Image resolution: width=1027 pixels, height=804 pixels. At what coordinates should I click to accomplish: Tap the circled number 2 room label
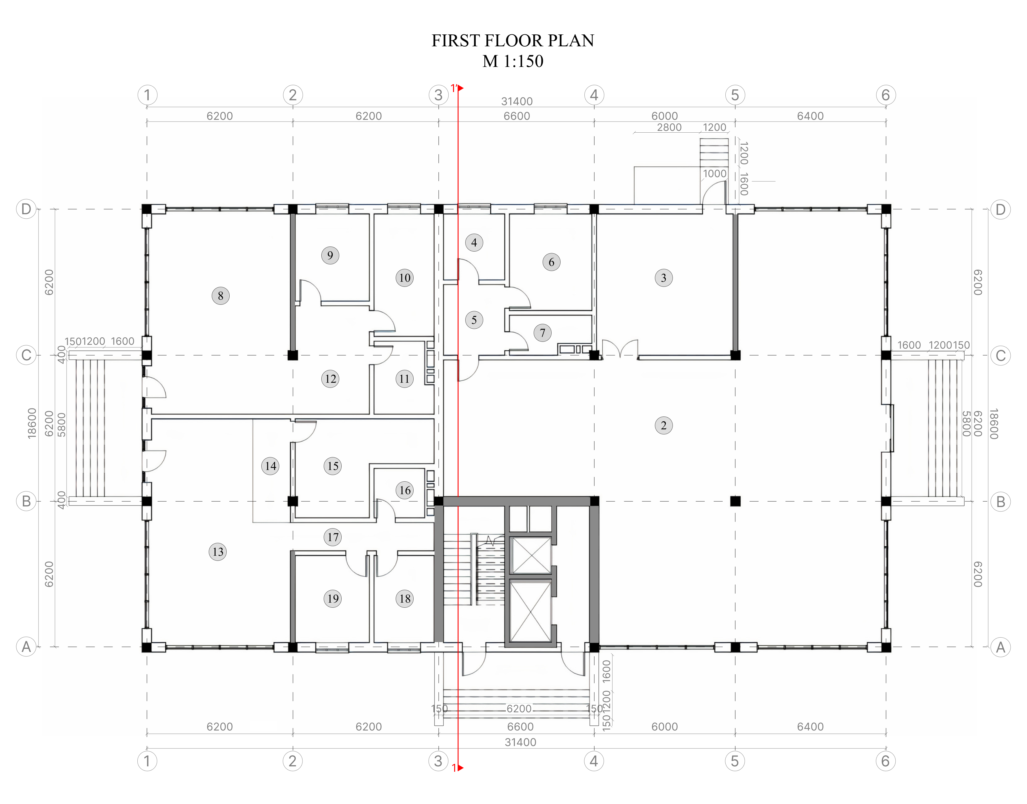(x=663, y=425)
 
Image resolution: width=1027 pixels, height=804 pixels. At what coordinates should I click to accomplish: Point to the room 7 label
(x=542, y=333)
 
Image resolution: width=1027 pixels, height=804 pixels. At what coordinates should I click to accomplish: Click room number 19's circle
(x=333, y=599)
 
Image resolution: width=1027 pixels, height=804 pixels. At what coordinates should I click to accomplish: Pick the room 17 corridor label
(x=333, y=537)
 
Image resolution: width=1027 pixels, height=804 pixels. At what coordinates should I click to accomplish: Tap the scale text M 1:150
(x=513, y=61)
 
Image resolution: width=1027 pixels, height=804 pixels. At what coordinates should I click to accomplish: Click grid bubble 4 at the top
(x=594, y=95)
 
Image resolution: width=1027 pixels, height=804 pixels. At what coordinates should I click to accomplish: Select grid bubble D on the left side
(x=26, y=209)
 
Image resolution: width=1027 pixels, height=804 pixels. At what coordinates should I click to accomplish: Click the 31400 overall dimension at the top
(x=517, y=101)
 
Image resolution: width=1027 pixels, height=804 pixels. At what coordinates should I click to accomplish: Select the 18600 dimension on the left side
(x=32, y=424)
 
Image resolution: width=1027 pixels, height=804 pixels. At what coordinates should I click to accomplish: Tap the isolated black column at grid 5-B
(x=735, y=501)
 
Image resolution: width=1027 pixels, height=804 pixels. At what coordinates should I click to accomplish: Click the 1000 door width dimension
(x=715, y=174)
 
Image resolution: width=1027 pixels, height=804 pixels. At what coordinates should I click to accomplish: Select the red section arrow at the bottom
(x=460, y=768)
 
